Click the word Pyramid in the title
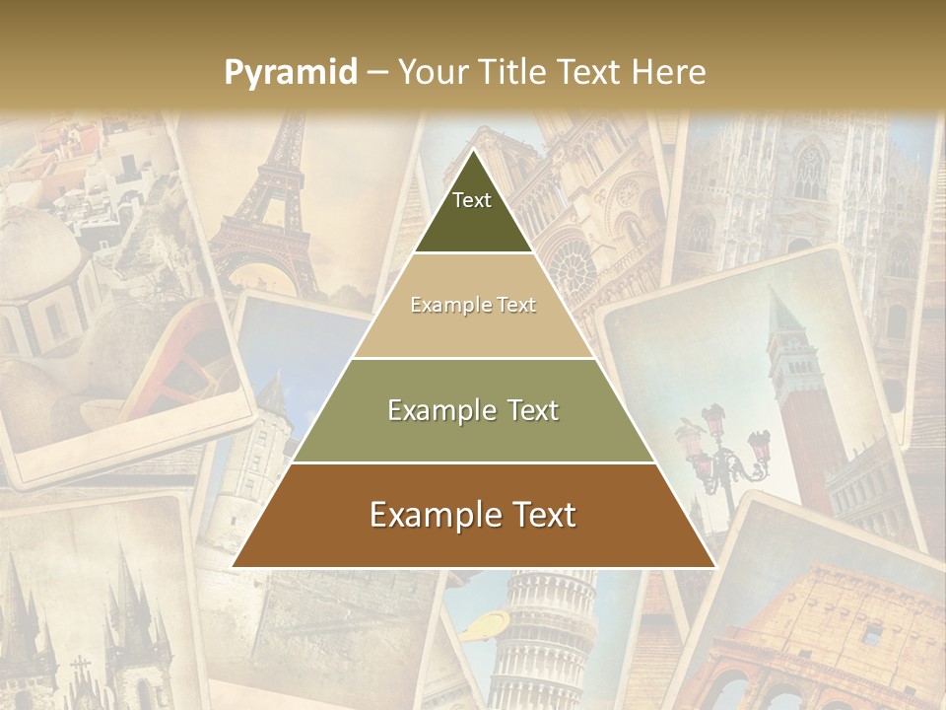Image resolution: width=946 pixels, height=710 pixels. point(291,72)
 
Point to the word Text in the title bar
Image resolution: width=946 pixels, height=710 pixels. point(590,72)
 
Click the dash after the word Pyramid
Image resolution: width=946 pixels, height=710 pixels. point(376,73)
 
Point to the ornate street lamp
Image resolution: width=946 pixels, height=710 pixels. point(724,444)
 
